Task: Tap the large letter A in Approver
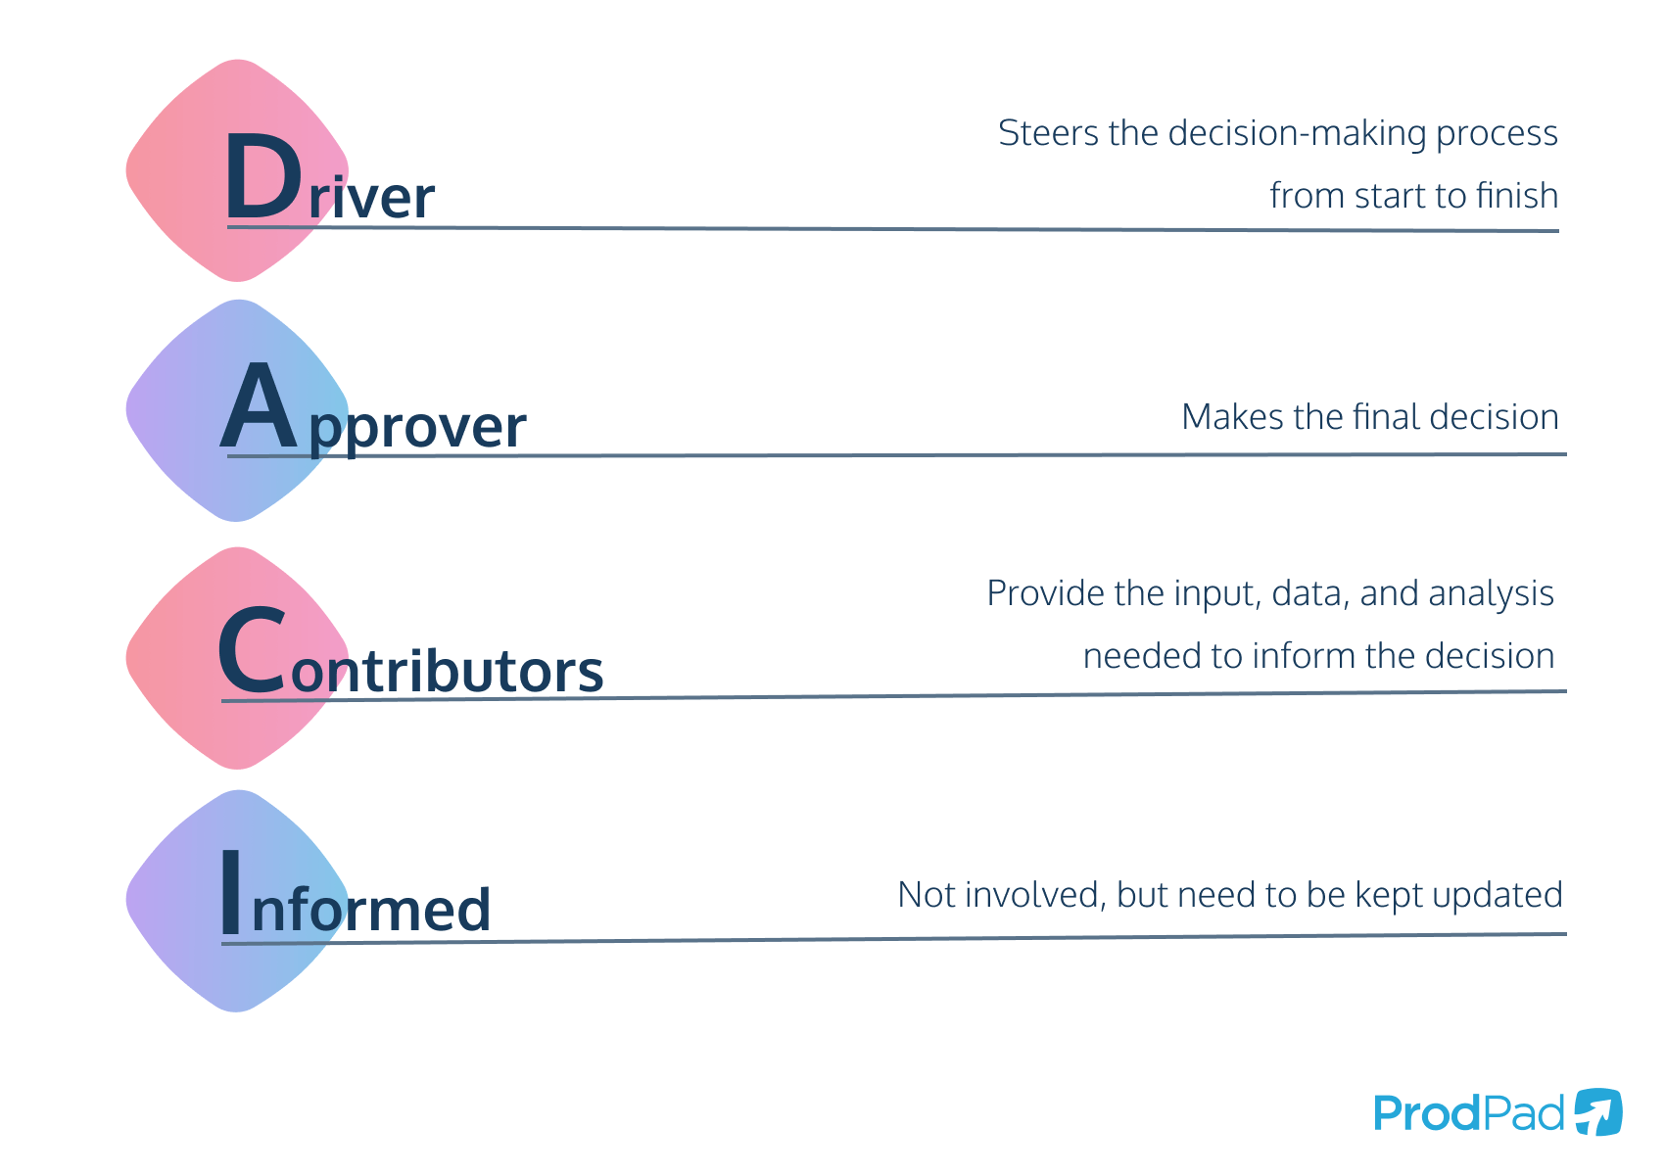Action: (x=258, y=408)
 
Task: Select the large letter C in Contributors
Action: (x=253, y=653)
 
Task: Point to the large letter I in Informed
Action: (x=231, y=892)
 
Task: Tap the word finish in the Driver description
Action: (x=1516, y=196)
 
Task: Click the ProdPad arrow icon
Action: (x=1598, y=1112)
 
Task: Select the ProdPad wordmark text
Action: (x=1468, y=1113)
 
